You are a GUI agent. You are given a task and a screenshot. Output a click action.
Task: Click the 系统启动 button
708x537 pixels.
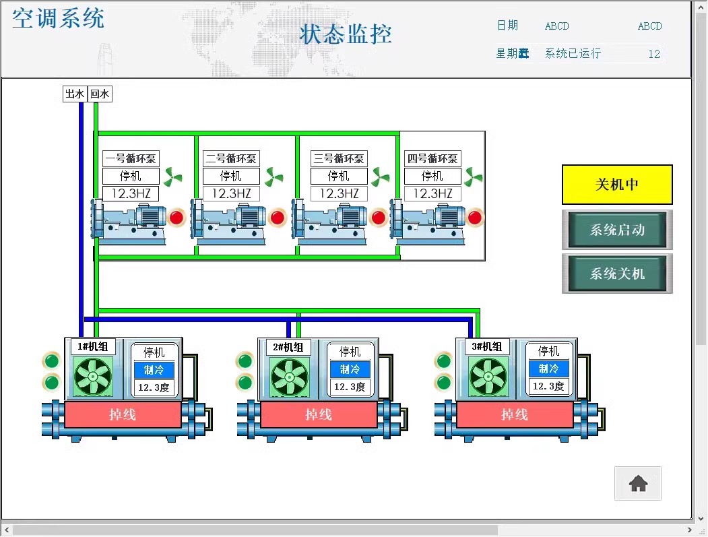(617, 230)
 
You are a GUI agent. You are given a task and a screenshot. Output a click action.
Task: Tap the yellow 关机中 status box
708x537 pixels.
(617, 185)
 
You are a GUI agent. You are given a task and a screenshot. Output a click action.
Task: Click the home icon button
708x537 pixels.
(637, 483)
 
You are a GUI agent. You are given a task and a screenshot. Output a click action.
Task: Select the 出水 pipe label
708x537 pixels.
(74, 94)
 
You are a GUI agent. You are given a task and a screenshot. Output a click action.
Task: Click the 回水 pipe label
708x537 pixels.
(100, 94)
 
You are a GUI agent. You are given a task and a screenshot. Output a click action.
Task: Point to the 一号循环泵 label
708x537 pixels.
(131, 159)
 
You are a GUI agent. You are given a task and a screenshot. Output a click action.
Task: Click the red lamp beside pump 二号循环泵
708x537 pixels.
(278, 218)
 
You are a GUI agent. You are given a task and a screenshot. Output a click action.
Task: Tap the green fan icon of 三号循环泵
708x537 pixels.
(381, 177)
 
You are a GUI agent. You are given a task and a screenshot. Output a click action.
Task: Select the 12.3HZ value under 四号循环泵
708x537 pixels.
(432, 193)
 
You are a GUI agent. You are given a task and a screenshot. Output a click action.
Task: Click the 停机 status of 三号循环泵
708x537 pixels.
(339, 177)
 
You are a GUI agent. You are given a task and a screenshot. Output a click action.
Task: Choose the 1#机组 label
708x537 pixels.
(93, 346)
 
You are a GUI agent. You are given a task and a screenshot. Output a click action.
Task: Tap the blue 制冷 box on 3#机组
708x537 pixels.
(548, 369)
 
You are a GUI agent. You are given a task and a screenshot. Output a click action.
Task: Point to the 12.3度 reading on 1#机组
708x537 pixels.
(154, 387)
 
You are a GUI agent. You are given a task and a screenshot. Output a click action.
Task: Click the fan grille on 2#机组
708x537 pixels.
(288, 376)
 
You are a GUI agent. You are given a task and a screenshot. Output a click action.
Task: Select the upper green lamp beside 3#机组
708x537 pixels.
(443, 360)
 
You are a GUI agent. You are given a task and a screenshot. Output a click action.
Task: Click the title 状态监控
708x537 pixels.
(346, 34)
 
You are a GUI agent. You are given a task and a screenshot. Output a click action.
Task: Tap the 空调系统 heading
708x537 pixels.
(59, 18)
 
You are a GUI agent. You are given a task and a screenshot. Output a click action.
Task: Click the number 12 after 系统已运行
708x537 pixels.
(653, 54)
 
